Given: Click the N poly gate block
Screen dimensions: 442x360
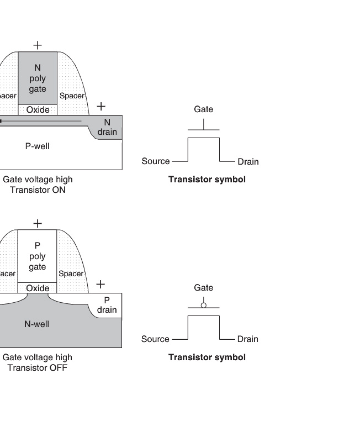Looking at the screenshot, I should pos(38,78).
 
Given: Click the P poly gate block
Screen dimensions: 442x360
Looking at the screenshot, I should pos(38,256).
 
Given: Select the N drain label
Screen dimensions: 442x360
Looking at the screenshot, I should pos(107,127).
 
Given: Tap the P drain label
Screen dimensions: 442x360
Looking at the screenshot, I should pos(107,304).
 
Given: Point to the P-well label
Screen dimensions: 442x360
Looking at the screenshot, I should pos(38,146).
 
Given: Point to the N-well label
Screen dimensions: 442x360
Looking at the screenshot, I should pos(36,324).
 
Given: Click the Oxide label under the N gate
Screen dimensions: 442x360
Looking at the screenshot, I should pos(38,110).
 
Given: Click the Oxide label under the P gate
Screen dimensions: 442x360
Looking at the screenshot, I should pos(38,288).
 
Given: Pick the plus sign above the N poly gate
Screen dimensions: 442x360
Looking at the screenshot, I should pos(38,45).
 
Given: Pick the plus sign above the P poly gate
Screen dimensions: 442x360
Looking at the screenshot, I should pos(38,223).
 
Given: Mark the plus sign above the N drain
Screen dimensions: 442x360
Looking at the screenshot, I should pos(100,106).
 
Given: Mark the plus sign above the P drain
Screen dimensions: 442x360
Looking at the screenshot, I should pos(100,284).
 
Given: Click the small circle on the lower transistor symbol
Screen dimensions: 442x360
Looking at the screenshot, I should pos(203,305).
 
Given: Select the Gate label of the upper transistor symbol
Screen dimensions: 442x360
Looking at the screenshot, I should pos(203,109).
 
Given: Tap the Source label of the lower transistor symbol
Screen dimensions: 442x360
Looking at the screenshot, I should pos(155,339).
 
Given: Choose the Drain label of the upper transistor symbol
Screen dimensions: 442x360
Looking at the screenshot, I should pos(248,161).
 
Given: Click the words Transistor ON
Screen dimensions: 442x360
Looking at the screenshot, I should pos(38,190).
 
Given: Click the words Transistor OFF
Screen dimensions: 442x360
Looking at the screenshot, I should pos(38,368).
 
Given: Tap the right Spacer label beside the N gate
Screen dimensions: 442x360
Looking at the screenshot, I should pos(72,96).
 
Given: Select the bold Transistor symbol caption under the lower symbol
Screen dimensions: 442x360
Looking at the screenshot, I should pos(207,357).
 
